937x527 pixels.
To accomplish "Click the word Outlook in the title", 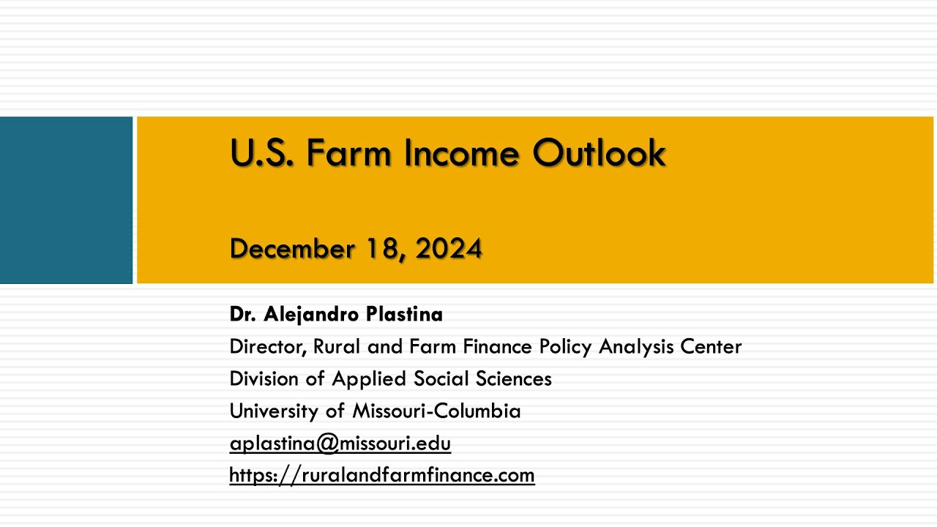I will pyautogui.click(x=599, y=153).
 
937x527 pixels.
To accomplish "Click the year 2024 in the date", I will pyautogui.click(x=449, y=249).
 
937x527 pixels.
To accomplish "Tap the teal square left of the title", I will pyautogui.click(x=66, y=200).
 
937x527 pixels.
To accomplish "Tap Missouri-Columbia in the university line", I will pyautogui.click(x=436, y=411).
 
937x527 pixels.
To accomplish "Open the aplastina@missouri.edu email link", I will pyautogui.click(x=340, y=444).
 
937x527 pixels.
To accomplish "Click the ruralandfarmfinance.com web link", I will pyautogui.click(x=381, y=476).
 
